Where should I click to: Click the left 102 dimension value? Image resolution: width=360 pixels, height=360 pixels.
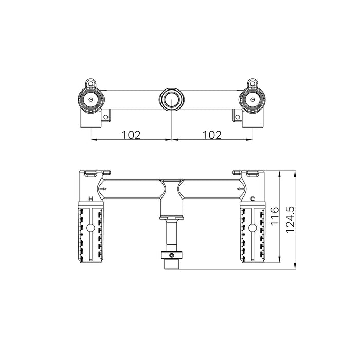131,135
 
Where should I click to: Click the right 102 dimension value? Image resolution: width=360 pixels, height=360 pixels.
212,135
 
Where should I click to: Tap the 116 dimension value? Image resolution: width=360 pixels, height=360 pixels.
275,217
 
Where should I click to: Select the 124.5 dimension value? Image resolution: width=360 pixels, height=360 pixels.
290,220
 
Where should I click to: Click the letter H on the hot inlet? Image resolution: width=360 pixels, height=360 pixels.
91,199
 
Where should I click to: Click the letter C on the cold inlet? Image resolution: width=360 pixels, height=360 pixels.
253,199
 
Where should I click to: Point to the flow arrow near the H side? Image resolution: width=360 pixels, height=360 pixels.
103,189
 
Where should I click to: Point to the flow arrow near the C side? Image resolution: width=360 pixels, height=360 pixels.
240,189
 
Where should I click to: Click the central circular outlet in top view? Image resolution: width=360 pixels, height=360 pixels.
172,100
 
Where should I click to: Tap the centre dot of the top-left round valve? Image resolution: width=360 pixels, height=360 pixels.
91,100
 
